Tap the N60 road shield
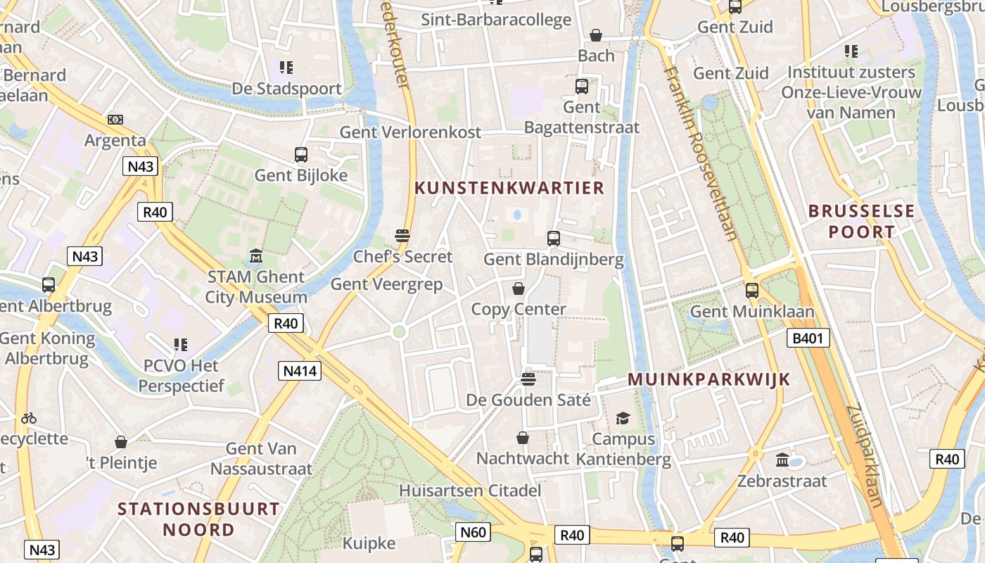click(x=473, y=532)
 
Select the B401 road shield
click(x=807, y=339)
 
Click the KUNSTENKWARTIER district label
click(x=509, y=188)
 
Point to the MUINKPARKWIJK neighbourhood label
click(x=708, y=379)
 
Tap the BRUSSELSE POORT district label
click(x=861, y=221)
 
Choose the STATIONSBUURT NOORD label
click(x=198, y=519)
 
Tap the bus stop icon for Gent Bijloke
click(x=301, y=154)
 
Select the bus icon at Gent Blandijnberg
click(x=554, y=239)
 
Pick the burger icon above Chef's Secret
click(x=402, y=235)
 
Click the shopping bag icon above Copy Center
click(x=519, y=289)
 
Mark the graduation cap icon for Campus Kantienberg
click(x=623, y=419)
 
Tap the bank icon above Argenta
click(x=115, y=120)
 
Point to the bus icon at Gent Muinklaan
click(x=752, y=290)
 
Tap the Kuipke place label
click(x=369, y=543)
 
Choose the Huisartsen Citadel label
click(x=470, y=490)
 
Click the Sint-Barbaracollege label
click(x=496, y=20)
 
